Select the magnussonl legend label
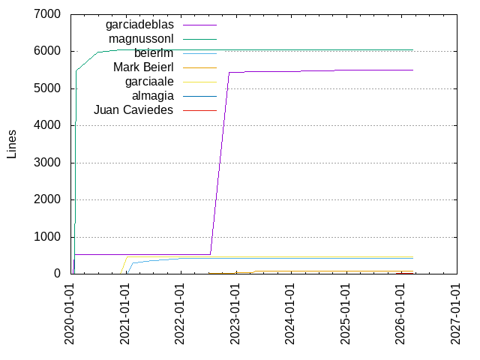pyautogui.click(x=141, y=39)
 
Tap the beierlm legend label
pyautogui.click(x=154, y=53)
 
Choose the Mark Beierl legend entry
pyautogui.click(x=143, y=67)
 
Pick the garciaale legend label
pyautogui.click(x=149, y=82)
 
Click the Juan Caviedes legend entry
pyautogui.click(x=133, y=110)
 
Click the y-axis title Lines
pyautogui.click(x=12, y=144)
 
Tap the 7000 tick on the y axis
pyautogui.click(x=47, y=14)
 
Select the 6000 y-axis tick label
pyautogui.click(x=47, y=52)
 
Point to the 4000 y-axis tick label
pyautogui.click(x=47, y=126)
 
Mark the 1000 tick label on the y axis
pyautogui.click(x=47, y=237)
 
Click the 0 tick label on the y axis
pyautogui.click(x=56, y=274)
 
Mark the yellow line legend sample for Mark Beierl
pyautogui.click(x=199, y=67)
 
